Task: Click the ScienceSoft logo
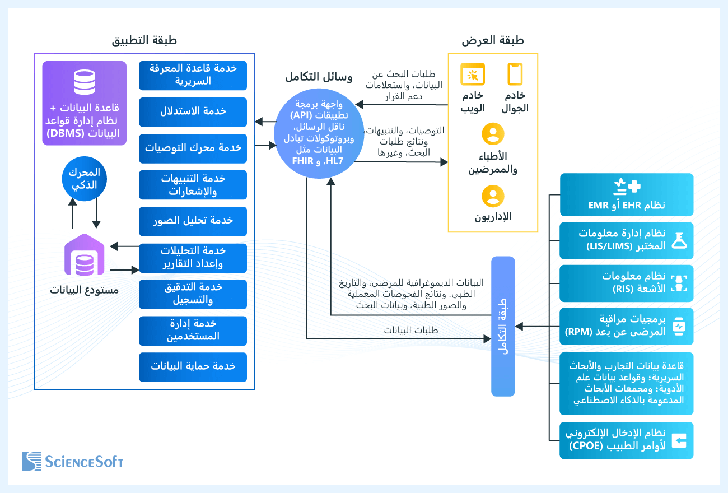[x=73, y=461]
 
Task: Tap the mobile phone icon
[x=515, y=74]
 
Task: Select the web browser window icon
[x=472, y=74]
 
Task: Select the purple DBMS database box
[x=84, y=103]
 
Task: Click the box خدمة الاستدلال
[x=193, y=111]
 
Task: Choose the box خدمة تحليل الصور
[x=193, y=221]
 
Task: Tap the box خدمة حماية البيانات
[x=193, y=367]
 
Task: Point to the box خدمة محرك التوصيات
[x=193, y=148]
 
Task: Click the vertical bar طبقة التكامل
[x=503, y=326]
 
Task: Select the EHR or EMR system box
[x=627, y=194]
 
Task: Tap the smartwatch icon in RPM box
[x=679, y=326]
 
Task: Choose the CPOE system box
[x=627, y=440]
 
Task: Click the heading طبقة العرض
[x=493, y=40]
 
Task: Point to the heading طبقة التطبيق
[x=144, y=40]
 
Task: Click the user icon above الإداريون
[x=493, y=197]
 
